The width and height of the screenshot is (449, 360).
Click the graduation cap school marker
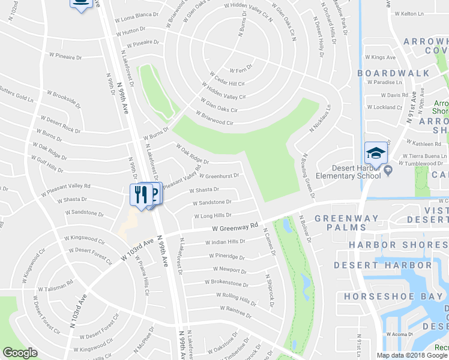pyautogui.click(x=375, y=154)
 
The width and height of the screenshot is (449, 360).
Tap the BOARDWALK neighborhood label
pyautogui.click(x=393, y=73)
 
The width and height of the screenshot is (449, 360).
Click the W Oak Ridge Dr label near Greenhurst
pyautogui.click(x=192, y=154)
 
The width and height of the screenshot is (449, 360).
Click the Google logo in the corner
pyautogui.click(x=20, y=353)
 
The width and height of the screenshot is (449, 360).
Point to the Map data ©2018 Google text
pyautogui.click(x=411, y=355)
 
